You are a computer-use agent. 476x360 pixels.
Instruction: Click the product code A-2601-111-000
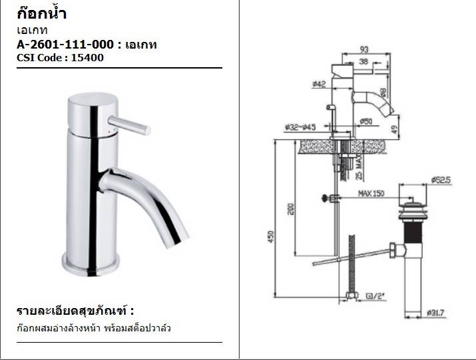click(65, 45)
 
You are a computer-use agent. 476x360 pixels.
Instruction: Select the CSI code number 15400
click(87, 58)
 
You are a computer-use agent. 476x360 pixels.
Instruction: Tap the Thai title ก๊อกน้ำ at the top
click(41, 13)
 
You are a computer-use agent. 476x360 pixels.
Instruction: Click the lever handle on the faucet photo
click(129, 125)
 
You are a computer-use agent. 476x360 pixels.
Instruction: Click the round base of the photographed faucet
click(91, 265)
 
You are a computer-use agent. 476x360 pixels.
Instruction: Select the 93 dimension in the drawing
click(364, 49)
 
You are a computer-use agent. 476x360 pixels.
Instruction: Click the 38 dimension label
click(363, 62)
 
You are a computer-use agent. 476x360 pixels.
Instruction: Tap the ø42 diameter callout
click(319, 84)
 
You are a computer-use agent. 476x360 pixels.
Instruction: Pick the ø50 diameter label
click(365, 121)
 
